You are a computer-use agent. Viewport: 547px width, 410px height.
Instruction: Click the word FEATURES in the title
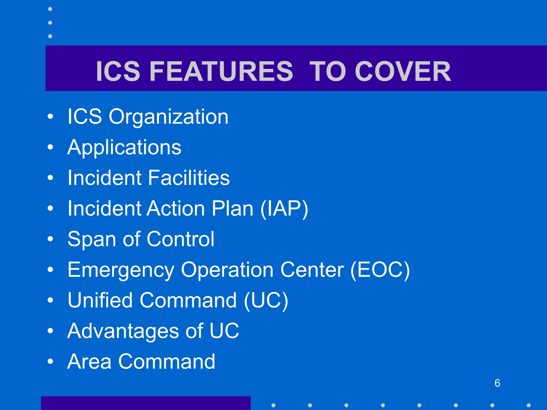click(221, 71)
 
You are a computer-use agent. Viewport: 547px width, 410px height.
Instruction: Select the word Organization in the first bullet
click(168, 117)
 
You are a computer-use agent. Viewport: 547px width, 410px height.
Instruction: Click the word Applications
click(124, 147)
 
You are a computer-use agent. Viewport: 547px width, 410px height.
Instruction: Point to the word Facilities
click(189, 178)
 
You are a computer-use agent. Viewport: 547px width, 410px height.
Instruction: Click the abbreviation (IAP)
click(284, 208)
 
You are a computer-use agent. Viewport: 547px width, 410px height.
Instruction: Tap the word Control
click(181, 239)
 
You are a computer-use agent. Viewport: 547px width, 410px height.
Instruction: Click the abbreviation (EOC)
click(380, 270)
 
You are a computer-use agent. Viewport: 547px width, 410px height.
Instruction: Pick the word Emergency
click(121, 270)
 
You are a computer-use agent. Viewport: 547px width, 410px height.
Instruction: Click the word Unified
click(100, 300)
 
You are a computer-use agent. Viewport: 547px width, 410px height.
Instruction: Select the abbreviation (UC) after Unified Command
click(266, 301)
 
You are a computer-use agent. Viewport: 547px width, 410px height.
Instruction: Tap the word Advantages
click(123, 331)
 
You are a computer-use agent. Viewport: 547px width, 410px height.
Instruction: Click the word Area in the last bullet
click(89, 361)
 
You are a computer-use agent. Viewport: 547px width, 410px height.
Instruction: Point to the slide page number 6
click(497, 383)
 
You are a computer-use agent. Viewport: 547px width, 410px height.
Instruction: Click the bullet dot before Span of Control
click(50, 239)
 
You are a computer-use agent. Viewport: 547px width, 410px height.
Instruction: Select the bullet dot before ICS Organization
click(50, 117)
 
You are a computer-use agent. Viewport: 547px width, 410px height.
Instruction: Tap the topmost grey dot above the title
click(50, 9)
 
